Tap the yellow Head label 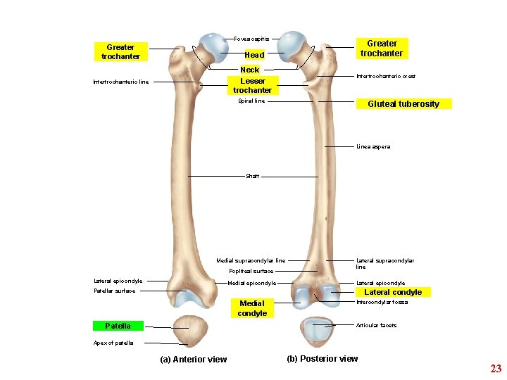click(x=254, y=55)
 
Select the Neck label click(x=250, y=70)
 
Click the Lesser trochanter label click(x=252, y=86)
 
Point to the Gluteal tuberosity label click(x=403, y=104)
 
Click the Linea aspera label click(x=373, y=146)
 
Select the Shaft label click(x=252, y=176)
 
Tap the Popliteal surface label click(x=251, y=271)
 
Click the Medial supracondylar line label click(x=251, y=260)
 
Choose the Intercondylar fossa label click(x=382, y=303)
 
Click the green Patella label click(x=118, y=326)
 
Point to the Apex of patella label click(x=113, y=343)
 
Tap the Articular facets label click(x=376, y=325)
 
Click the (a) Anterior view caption click(x=194, y=360)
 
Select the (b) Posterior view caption click(x=322, y=359)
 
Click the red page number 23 click(x=496, y=369)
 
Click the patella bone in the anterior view click(x=188, y=331)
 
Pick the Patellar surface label click(x=114, y=291)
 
